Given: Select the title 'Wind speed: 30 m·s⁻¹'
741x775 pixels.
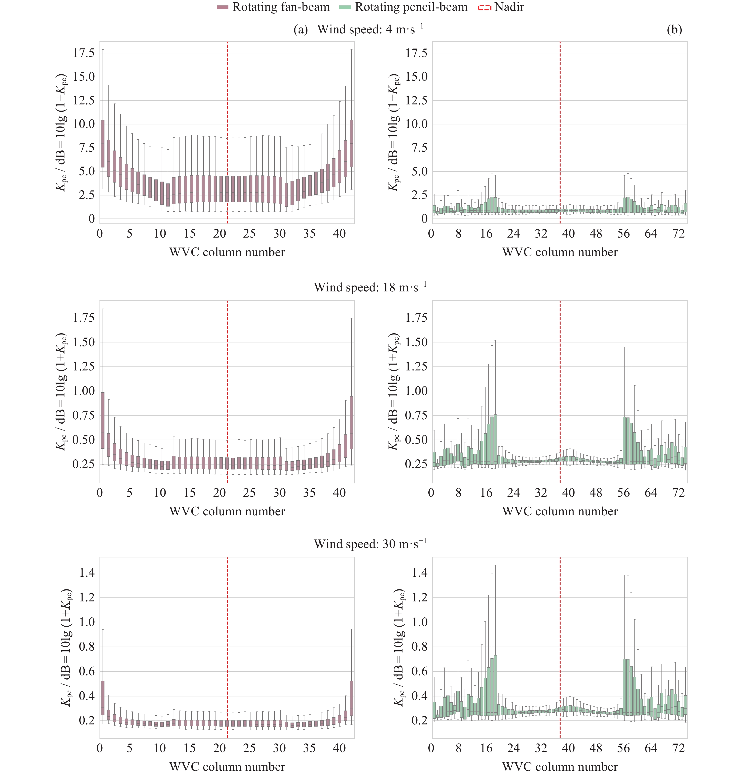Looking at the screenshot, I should [370, 544].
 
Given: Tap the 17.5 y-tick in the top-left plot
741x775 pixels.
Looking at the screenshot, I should [84, 53].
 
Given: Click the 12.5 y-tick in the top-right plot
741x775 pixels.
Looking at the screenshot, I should [416, 100].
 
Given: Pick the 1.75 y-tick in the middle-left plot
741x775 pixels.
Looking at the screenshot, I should [84, 318].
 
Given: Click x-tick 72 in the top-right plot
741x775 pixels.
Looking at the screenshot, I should [678, 234].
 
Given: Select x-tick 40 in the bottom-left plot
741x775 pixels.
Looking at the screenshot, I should [339, 748].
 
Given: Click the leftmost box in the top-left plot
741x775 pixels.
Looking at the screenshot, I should [103, 143].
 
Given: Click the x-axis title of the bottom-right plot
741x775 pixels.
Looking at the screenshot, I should [560, 767].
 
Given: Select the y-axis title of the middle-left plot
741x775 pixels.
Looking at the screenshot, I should [61, 391].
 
